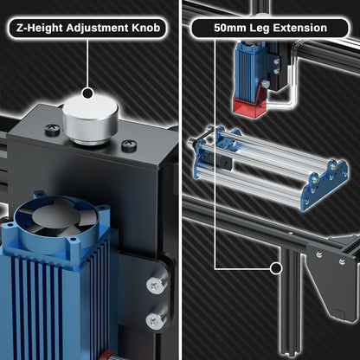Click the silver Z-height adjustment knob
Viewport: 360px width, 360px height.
(90, 120)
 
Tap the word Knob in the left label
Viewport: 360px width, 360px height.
(145, 28)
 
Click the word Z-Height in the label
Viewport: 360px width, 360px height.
(40, 29)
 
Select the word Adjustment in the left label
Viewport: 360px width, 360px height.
(97, 29)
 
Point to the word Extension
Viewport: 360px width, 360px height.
(299, 28)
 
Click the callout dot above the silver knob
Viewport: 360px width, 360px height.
(87, 93)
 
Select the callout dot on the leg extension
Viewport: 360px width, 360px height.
(276, 269)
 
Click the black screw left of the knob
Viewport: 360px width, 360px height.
(52, 129)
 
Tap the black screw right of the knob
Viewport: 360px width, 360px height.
(129, 145)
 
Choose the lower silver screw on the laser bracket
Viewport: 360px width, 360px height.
(155, 320)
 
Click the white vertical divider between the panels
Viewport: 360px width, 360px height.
(180, 180)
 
